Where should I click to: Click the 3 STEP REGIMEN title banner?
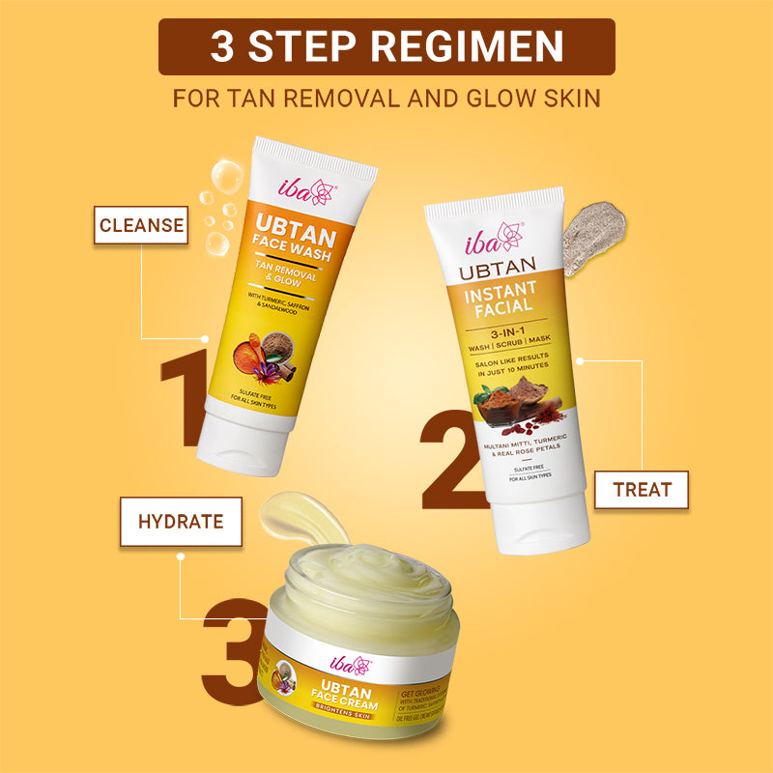click(x=386, y=46)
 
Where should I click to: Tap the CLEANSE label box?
click(x=141, y=225)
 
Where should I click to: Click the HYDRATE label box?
click(x=181, y=522)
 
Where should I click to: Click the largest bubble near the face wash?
click(x=226, y=176)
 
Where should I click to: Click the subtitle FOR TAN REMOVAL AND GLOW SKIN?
click(x=386, y=98)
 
